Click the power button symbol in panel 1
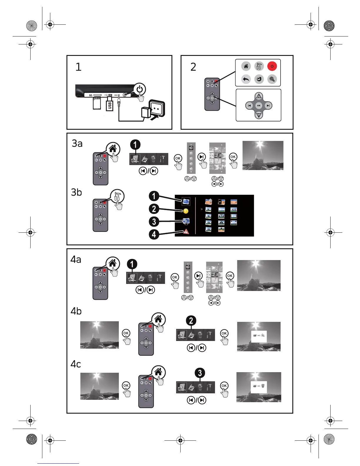tap(140, 89)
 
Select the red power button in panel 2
tap(272, 66)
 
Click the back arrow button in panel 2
tap(246, 79)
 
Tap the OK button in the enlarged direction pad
tap(259, 105)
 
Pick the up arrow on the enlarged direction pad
tap(259, 96)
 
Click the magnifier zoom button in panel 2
tap(272, 79)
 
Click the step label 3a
tap(77, 144)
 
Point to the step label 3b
tap(76, 192)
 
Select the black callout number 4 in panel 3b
tap(154, 234)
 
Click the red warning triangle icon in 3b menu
tap(186, 232)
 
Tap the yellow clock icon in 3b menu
tap(185, 211)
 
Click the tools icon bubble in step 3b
tap(117, 196)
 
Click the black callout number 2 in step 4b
tap(191, 320)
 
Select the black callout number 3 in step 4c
tap(200, 373)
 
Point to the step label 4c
tap(76, 364)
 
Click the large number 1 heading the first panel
tap(78, 67)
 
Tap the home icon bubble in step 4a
tap(112, 263)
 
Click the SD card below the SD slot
tap(97, 103)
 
